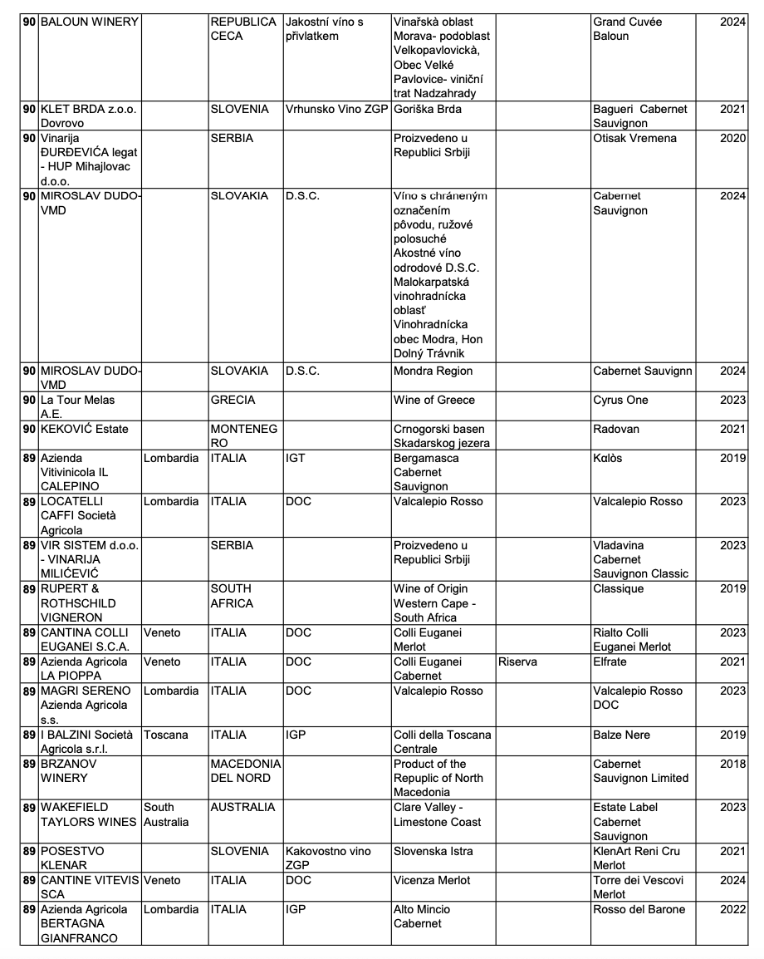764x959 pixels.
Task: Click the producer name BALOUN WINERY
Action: (89, 22)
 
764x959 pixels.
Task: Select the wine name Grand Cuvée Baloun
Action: (628, 29)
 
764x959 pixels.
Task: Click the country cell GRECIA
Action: (233, 400)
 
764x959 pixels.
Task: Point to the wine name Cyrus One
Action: (620, 400)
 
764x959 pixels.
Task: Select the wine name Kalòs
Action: (608, 458)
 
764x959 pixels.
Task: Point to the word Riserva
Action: (517, 661)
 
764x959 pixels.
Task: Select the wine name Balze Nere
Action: (622, 735)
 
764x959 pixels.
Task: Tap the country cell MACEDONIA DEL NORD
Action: (246, 771)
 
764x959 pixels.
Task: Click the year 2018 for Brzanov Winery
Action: (732, 764)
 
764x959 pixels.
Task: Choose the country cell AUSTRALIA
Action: (242, 807)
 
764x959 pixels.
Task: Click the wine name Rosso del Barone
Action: (639, 909)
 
